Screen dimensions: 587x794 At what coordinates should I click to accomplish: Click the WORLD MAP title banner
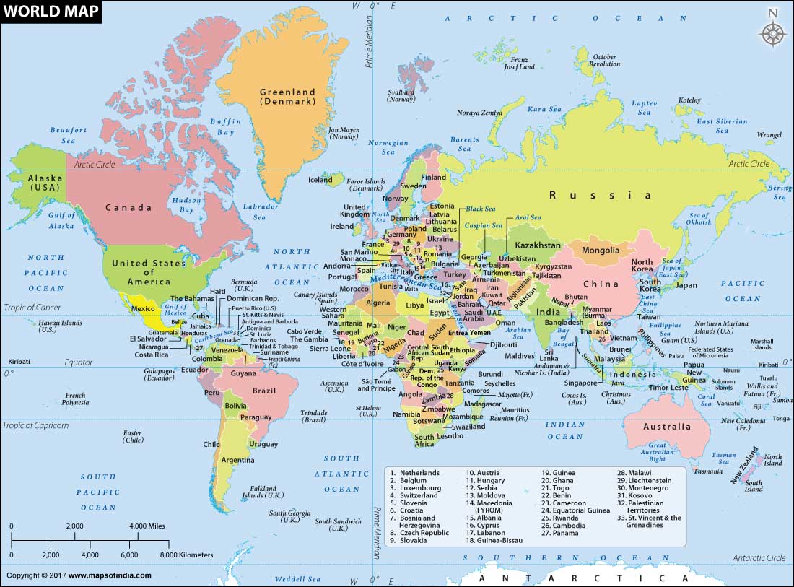point(51,12)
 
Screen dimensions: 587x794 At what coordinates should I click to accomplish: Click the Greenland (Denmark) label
point(288,97)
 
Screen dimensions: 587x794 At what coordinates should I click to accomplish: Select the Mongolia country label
point(600,251)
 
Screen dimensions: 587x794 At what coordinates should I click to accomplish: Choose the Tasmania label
point(707,471)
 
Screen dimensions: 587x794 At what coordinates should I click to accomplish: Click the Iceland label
point(320,180)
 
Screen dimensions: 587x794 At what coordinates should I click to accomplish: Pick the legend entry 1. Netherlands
point(414,473)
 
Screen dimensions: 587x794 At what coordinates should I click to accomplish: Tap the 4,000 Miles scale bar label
point(149,526)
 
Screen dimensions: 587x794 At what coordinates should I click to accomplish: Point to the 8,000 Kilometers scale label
point(186,555)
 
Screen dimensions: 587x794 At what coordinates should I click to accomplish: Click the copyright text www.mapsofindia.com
point(79,575)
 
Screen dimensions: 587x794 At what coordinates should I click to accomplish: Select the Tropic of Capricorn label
point(36,425)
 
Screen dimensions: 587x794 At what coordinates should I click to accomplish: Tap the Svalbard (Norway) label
point(401,96)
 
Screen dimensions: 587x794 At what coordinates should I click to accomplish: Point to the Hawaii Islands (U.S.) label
point(60,326)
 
